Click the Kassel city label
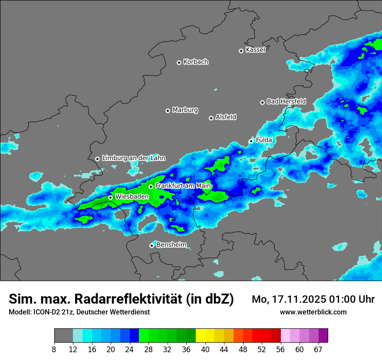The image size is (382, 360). [255, 50]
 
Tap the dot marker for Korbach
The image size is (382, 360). [179, 62]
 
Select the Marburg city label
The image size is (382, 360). [185, 110]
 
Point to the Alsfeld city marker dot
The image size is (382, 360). [211, 118]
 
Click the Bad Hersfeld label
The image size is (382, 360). [286, 101]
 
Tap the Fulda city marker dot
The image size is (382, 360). [251, 141]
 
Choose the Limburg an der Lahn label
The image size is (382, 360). [133, 158]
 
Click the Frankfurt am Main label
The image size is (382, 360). [183, 186]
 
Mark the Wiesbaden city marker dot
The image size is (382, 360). [110, 197]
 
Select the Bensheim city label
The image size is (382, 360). [171, 245]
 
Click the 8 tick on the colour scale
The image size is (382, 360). [54, 350]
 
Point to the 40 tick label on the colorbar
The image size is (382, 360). [205, 350]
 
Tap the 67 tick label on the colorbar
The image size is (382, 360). [318, 350]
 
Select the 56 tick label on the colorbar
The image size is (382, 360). [280, 350]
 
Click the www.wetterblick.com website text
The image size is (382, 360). [313, 312]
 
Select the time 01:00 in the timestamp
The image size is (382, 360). [345, 299]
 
